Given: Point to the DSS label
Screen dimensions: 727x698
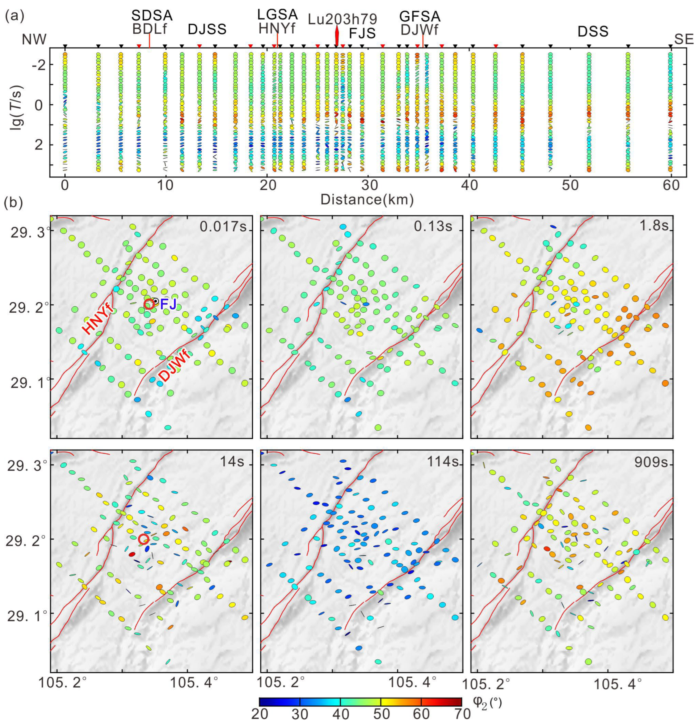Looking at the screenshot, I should point(593,32).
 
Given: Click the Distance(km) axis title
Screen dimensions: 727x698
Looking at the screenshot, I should point(367,200).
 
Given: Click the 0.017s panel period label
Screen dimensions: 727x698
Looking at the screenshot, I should point(223,226).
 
